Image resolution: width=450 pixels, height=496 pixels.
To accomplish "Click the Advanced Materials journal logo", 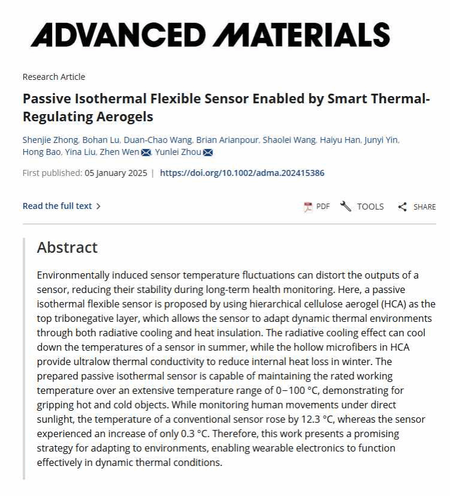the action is pos(210,34).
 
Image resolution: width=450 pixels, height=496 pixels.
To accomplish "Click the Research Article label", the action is pos(53,77).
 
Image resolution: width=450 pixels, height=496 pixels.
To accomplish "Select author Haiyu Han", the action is pos(340,140).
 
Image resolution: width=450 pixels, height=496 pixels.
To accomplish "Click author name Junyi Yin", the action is pos(382,140).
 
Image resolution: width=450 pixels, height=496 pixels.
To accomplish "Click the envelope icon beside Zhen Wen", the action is pos(146,153).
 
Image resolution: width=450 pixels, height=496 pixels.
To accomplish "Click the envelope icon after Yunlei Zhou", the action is pos(208,153).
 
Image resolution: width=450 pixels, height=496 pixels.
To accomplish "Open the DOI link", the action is pos(242,173).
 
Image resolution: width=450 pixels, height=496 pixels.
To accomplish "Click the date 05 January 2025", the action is pos(116,173).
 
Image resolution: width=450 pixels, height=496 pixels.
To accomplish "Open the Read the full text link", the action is pos(61,206).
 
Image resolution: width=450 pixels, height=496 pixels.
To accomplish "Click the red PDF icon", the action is pos(308,207).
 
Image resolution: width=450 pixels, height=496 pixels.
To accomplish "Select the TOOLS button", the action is pos(362,207).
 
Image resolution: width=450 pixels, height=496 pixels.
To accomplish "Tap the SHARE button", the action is pos(417,207).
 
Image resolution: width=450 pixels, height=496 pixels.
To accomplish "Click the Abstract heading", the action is pos(67,247).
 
